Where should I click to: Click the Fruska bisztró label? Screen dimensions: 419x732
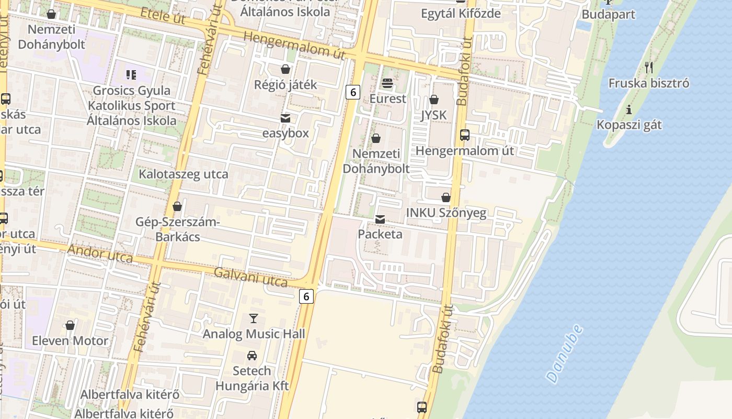pos(649,83)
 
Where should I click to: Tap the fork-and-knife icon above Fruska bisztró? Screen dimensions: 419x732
pos(649,67)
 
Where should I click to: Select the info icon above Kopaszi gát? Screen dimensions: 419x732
pos(629,110)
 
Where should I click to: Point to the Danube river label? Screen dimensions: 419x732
pos(564,354)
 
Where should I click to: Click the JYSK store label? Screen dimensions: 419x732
pos(434,115)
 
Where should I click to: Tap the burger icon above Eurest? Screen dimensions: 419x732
pos(387,83)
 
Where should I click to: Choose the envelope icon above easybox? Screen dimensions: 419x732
pos(285,118)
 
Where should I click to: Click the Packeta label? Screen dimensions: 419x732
pos(380,234)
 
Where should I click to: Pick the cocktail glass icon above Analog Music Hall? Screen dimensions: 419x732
pos(254,318)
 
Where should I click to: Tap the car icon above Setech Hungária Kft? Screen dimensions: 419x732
pos(252,356)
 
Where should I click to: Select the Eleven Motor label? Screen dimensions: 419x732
pos(70,341)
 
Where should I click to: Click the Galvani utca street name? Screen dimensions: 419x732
pos(251,277)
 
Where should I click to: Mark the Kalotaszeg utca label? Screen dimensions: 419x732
pos(183,174)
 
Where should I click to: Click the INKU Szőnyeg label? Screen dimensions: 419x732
pos(446,213)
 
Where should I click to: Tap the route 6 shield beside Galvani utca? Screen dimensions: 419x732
pos(306,296)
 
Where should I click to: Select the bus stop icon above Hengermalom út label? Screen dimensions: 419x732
pos(464,135)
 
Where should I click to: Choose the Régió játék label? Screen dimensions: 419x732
pos(285,84)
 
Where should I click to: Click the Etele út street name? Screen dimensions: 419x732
pos(163,16)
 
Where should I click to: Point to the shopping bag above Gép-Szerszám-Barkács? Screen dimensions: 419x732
pos(177,207)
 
